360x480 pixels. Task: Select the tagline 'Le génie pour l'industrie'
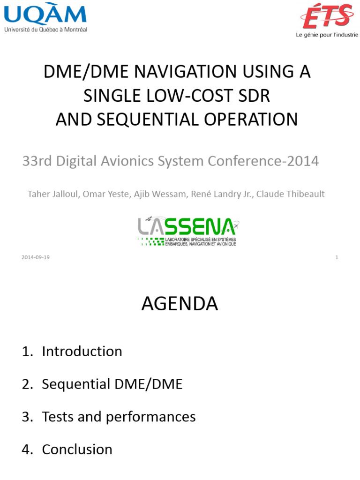click(327, 35)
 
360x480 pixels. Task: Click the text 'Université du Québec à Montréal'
click(45, 29)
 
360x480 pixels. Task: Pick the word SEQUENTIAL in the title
click(150, 119)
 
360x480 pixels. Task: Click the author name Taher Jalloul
click(54, 194)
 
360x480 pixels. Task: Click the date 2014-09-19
click(36, 257)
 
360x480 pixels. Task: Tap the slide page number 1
click(337, 257)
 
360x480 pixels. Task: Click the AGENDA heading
click(180, 304)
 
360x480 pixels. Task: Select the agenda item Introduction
click(82, 352)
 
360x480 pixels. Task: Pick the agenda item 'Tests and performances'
click(119, 417)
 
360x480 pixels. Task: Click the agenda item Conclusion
click(77, 450)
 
